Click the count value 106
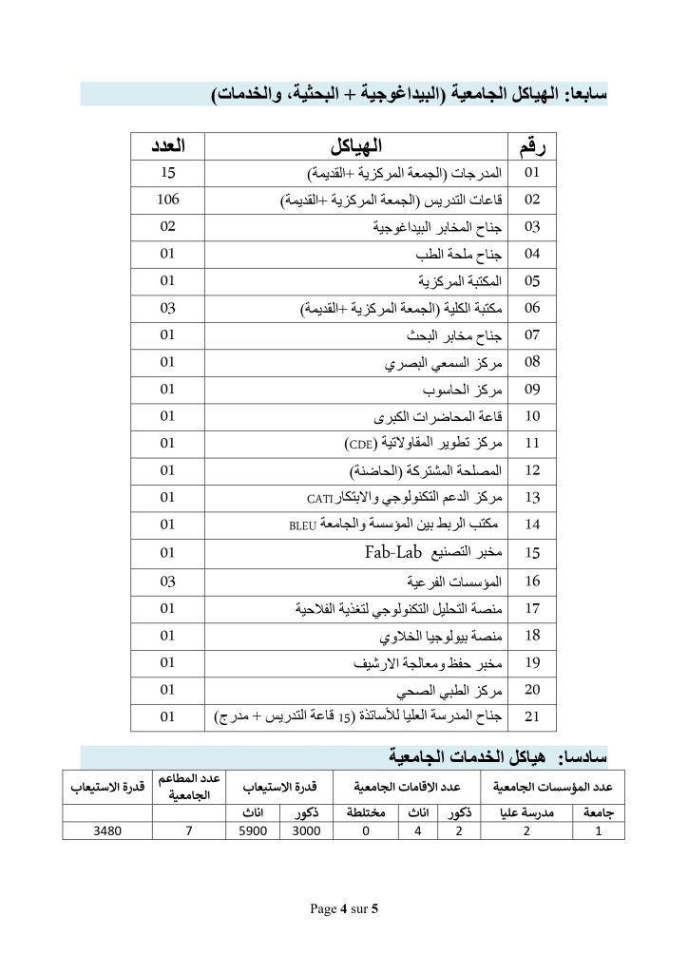(168, 200)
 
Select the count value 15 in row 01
(168, 174)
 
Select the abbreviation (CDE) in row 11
(360, 444)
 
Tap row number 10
(532, 416)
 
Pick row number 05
(532, 281)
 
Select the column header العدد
(168, 146)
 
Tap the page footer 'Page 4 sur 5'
(344, 909)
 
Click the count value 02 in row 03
(168, 227)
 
